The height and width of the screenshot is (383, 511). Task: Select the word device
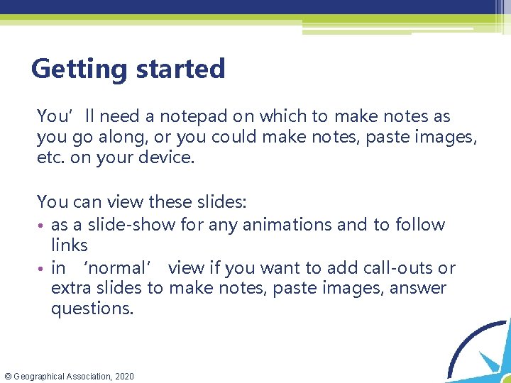pos(168,157)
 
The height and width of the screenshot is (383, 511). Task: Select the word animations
pos(323,225)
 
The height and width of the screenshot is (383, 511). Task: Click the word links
pos(69,245)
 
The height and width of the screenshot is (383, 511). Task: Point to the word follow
pos(419,225)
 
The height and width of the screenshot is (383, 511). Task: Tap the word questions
pos(92,309)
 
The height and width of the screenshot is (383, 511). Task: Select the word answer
pos(420,288)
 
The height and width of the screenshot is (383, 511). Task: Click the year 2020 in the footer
pos(123,376)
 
